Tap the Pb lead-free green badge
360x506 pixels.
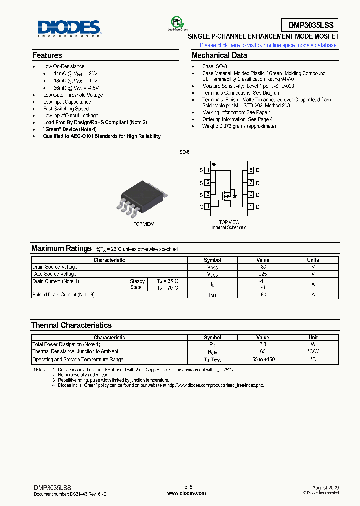[x=177, y=23]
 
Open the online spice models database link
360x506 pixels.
[x=269, y=45]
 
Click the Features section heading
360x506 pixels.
[x=47, y=55]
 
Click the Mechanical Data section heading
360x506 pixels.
[x=219, y=55]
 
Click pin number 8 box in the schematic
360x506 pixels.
[x=251, y=170]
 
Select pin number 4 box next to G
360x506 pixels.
[x=207, y=207]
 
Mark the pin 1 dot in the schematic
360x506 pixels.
[x=214, y=164]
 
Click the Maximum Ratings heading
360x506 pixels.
[x=61, y=248]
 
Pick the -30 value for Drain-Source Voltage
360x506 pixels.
[x=262, y=267]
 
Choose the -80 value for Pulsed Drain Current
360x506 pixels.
[x=262, y=295]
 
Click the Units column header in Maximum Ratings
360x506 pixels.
[x=313, y=260]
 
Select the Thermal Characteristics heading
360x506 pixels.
[x=71, y=325]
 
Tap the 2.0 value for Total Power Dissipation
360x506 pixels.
[x=262, y=345]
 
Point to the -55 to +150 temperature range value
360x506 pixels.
[x=262, y=360]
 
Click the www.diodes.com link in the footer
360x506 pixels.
[x=186, y=493]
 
